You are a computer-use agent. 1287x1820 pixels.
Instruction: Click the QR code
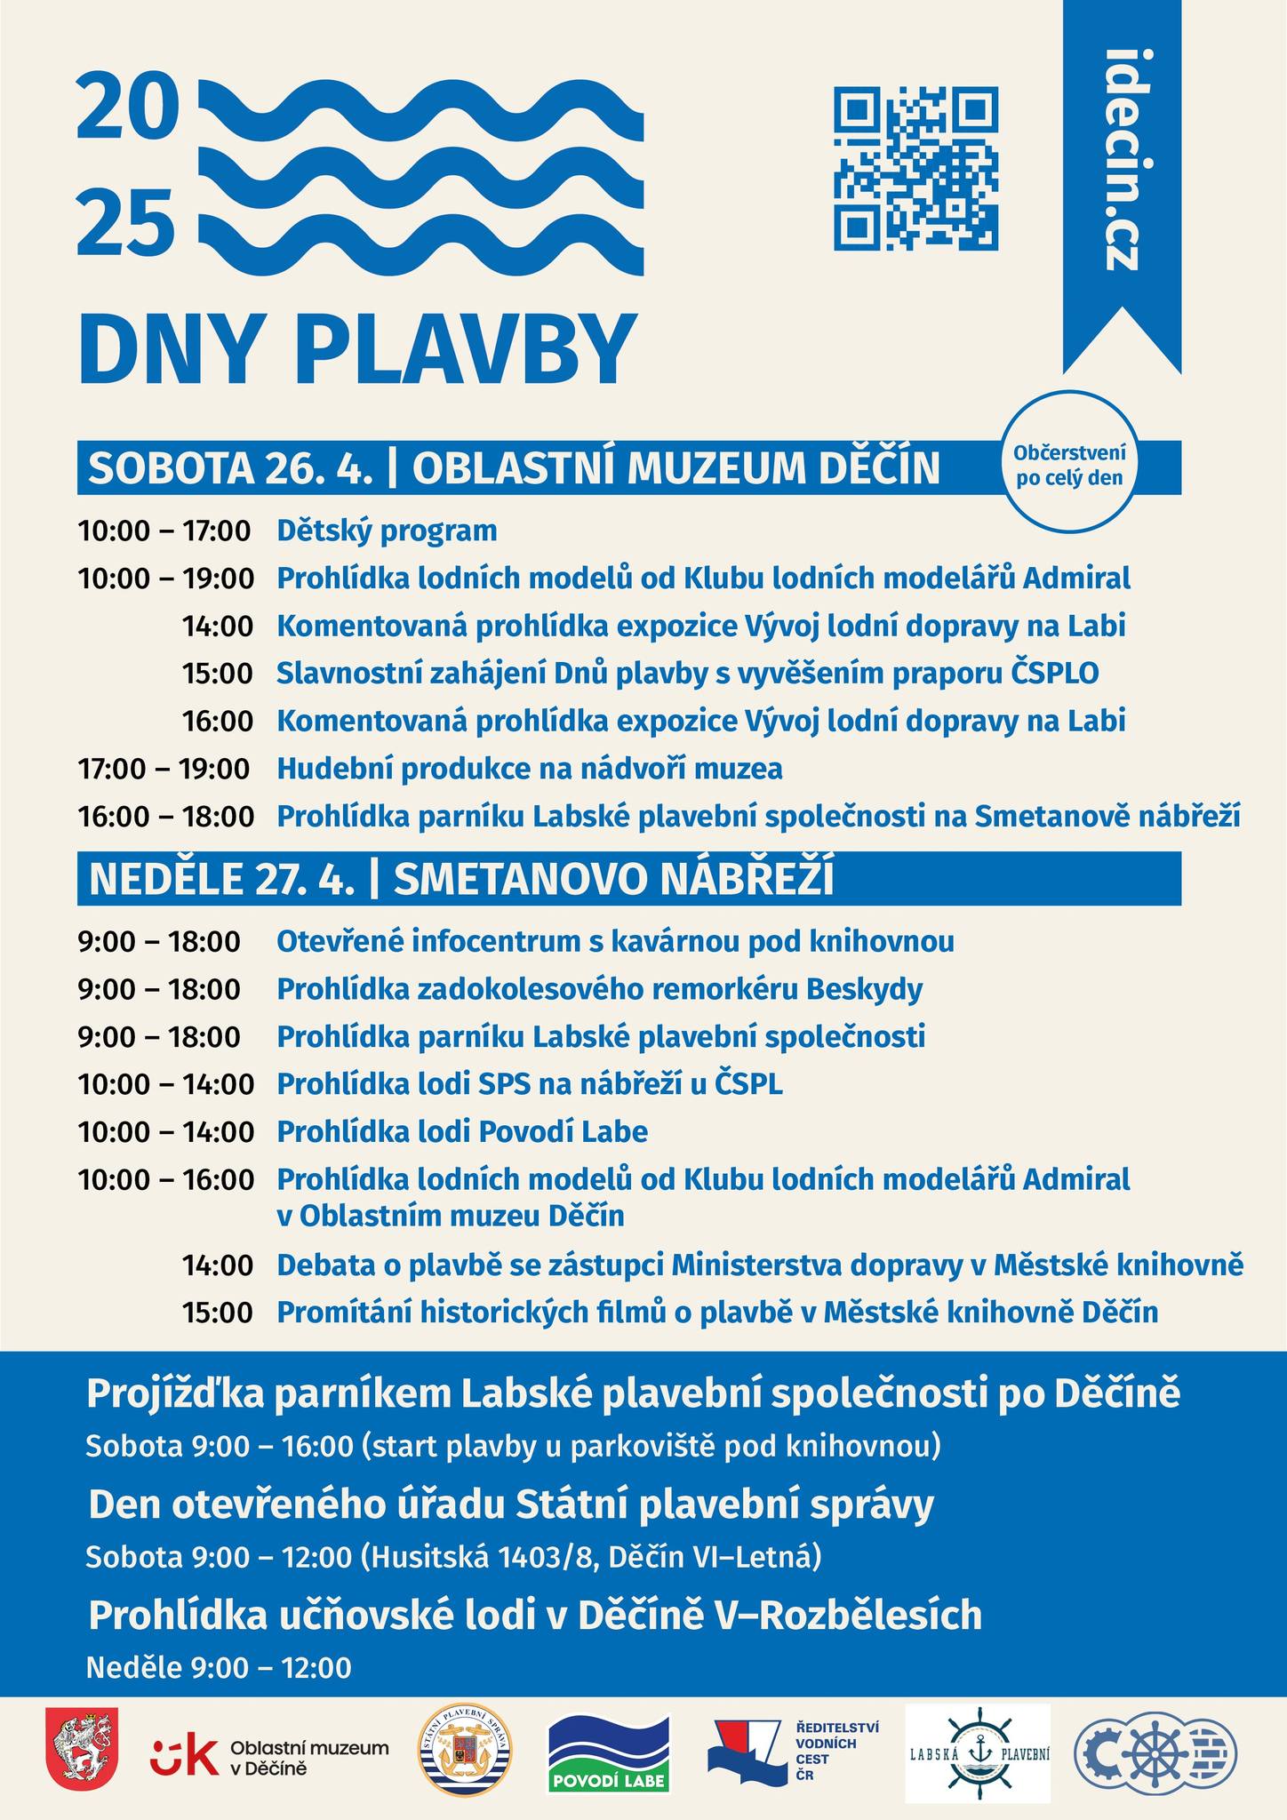point(915,168)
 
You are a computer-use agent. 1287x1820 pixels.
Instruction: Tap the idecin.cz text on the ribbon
point(1122,160)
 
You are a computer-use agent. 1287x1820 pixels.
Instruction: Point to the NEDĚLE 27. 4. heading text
point(221,879)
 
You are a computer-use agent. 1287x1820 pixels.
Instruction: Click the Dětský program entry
point(387,531)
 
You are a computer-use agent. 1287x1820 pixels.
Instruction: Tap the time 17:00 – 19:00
point(164,769)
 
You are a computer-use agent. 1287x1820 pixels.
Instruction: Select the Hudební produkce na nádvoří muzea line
point(530,769)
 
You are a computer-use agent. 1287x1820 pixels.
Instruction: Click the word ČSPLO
point(1055,674)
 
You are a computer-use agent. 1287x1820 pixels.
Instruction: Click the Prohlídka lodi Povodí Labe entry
point(462,1132)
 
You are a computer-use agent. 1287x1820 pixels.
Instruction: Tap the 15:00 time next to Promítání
point(218,1313)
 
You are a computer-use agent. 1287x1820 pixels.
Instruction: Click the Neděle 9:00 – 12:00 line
point(219,1667)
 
